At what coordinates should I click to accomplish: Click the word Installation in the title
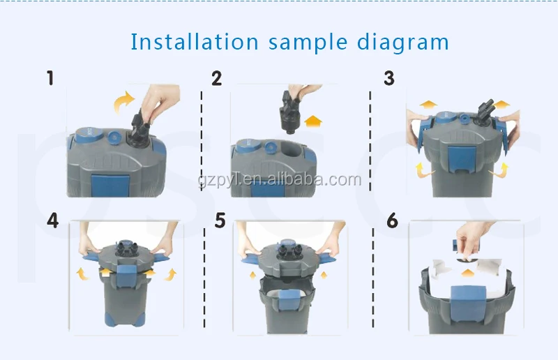tap(195, 42)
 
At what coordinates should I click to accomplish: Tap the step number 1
tap(50, 78)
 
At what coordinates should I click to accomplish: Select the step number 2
tap(216, 78)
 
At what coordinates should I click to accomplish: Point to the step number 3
tap(389, 78)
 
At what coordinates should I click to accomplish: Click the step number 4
tap(53, 220)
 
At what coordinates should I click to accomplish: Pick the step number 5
tap(220, 220)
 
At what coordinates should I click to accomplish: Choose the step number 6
tap(392, 220)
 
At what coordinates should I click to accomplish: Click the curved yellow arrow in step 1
tap(123, 100)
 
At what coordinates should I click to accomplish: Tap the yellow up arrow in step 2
tap(313, 121)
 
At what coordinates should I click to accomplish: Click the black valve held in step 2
tap(291, 112)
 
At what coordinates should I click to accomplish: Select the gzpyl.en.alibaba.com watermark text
tap(280, 180)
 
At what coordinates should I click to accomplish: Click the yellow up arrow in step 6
tap(467, 273)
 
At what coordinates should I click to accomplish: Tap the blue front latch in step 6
tap(467, 303)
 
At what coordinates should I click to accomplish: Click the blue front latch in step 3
tap(461, 158)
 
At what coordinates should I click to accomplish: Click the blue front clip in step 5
tap(289, 300)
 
